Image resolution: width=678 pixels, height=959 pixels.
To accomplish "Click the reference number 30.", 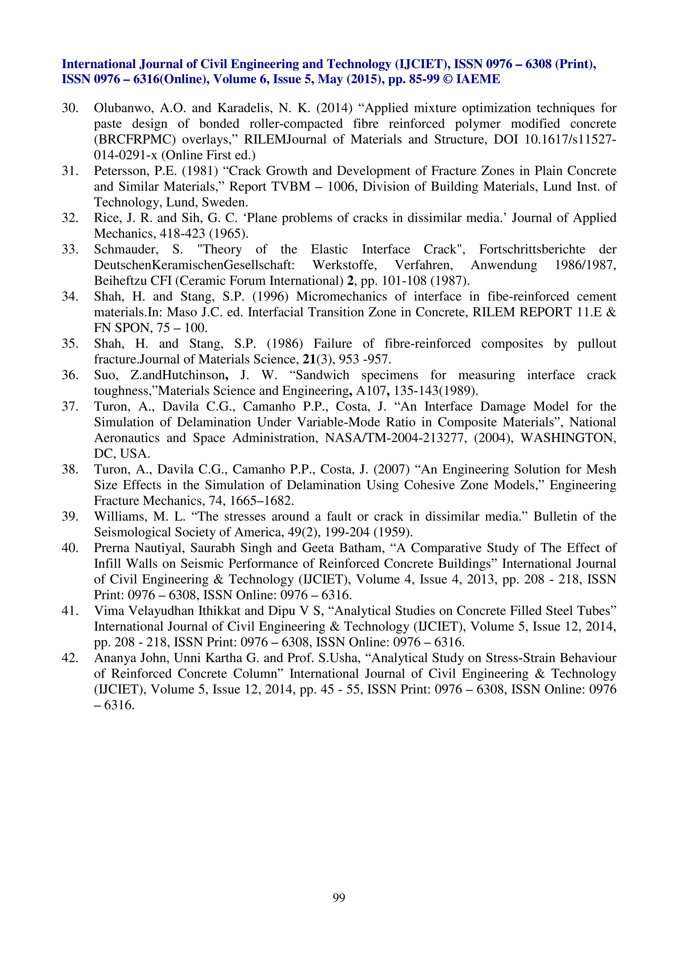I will (70, 108).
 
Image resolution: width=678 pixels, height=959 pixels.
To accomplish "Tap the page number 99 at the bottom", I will (339, 897).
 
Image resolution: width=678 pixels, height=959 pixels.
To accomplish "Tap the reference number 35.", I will (70, 344).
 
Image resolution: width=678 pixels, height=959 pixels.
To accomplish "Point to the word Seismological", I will (133, 532).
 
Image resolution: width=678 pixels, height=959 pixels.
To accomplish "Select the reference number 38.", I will (70, 470).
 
